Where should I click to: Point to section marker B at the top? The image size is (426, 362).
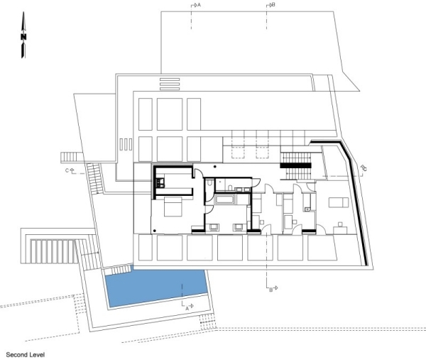pyautogui.click(x=270, y=5)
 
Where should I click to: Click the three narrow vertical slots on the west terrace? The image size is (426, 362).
pyautogui.click(x=125, y=144)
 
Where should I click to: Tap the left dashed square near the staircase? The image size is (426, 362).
pyautogui.click(x=238, y=150)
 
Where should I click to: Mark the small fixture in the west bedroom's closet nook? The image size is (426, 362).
pyautogui.click(x=160, y=186)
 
